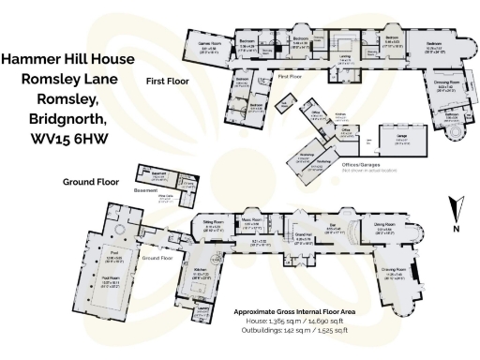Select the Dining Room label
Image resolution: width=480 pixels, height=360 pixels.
(383, 225)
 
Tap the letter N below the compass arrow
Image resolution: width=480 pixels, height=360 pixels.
(455, 228)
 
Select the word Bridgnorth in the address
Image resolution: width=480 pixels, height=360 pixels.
(67, 119)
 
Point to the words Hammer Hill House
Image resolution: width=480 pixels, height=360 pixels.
(67, 59)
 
